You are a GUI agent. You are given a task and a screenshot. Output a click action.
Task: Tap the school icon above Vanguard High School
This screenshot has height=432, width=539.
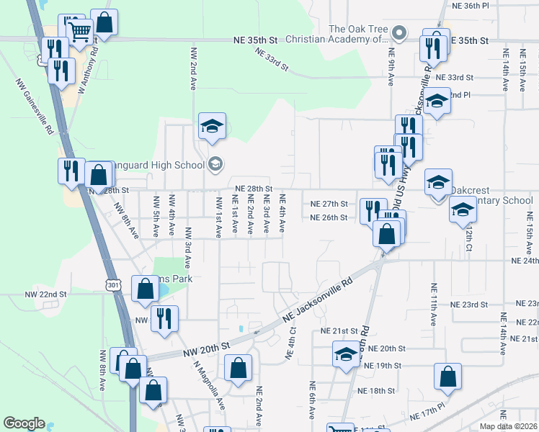coord(211,127)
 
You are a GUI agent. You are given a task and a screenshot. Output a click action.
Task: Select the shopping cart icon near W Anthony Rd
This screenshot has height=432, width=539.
coord(79,30)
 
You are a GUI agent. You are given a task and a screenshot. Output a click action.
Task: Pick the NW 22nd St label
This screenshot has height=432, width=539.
coord(45,294)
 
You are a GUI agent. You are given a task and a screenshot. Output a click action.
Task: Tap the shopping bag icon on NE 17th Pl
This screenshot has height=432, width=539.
coord(447,376)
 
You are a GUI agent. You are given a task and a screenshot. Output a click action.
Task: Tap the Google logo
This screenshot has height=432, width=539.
coord(24,423)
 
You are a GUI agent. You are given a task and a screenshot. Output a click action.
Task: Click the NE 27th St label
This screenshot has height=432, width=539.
coord(329,204)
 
